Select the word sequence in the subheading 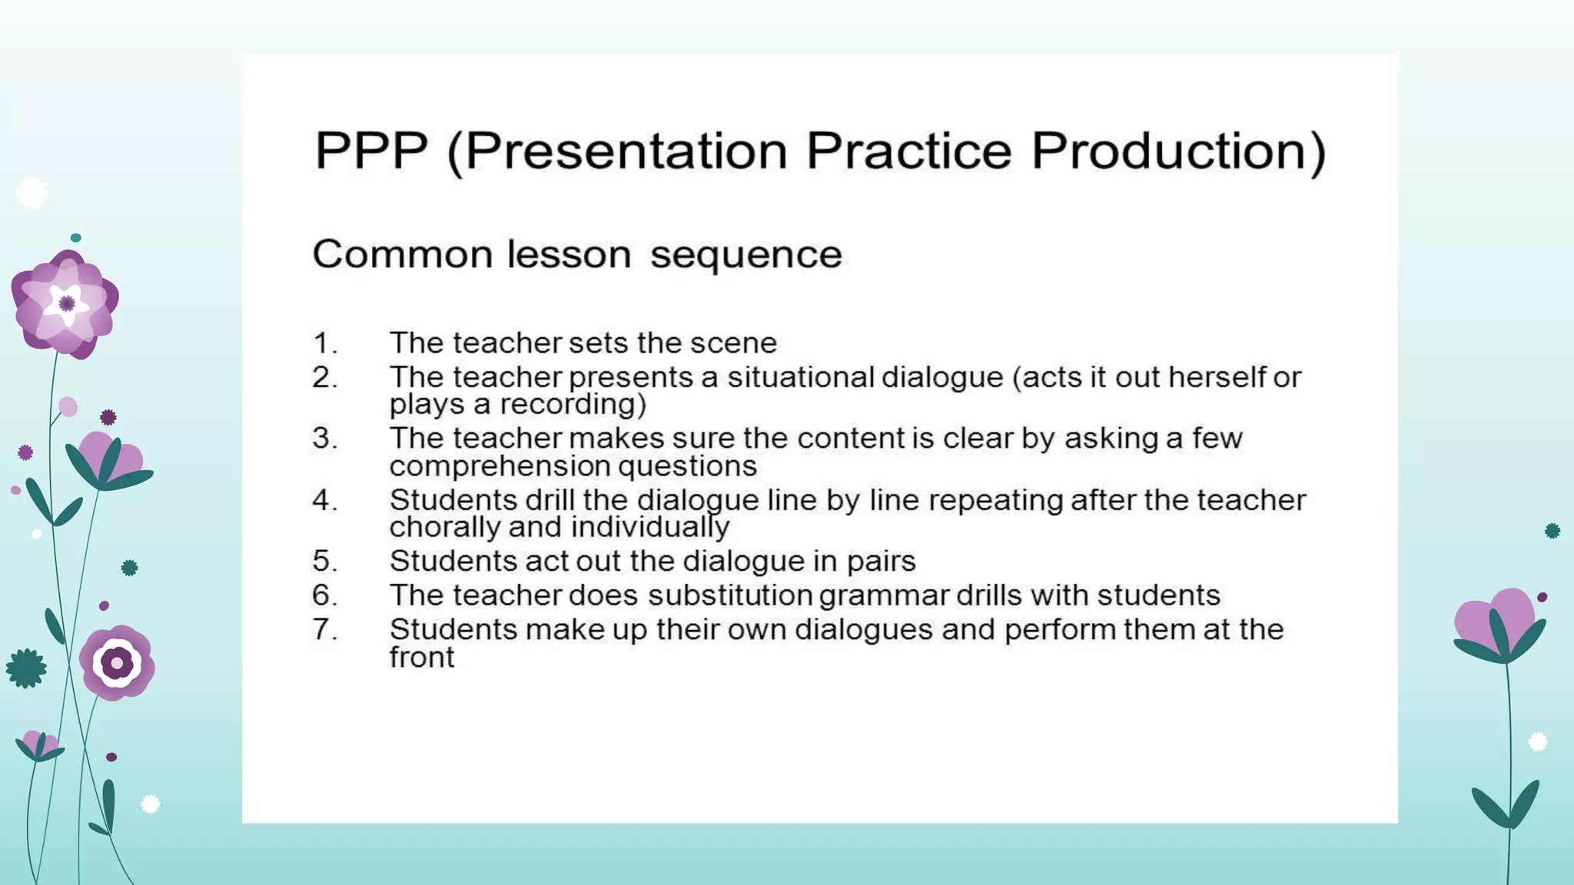coord(745,255)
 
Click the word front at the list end coord(421,658)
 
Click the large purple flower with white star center coord(65,303)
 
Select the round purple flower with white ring coord(117,662)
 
